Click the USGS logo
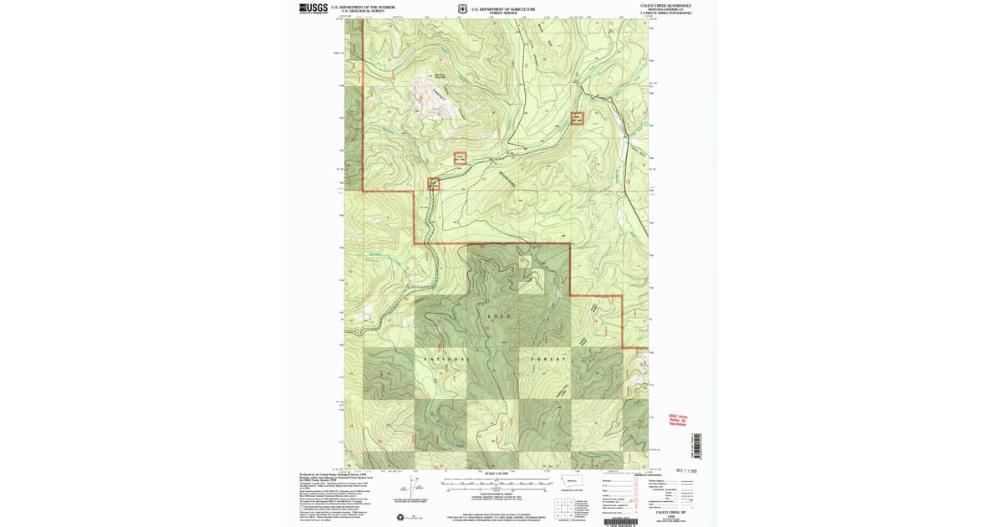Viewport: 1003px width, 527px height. [x=313, y=8]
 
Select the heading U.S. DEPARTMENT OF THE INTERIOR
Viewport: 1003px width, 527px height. [x=363, y=7]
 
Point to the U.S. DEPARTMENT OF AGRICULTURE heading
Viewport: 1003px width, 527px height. [x=503, y=8]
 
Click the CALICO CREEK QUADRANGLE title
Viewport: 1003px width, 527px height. [x=666, y=5]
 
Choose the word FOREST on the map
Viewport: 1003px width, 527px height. [x=548, y=358]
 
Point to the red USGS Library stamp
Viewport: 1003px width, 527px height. [x=677, y=420]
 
